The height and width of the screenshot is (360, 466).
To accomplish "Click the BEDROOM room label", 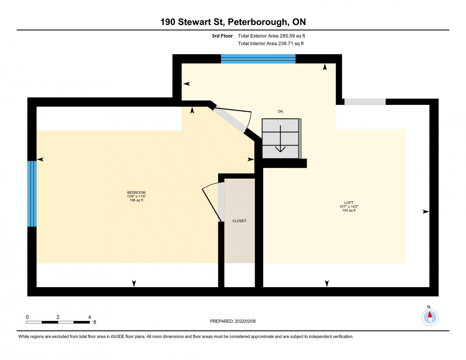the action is pyautogui.click(x=136, y=192).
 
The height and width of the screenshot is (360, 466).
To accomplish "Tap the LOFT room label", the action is pyautogui.click(x=349, y=203).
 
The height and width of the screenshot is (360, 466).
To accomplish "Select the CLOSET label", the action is pyautogui.click(x=239, y=221).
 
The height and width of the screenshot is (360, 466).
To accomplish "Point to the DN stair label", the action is pyautogui.click(x=280, y=111).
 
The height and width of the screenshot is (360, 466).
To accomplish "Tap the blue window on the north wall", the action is pyautogui.click(x=258, y=59).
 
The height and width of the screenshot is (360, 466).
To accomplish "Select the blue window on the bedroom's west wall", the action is pyautogui.click(x=32, y=194).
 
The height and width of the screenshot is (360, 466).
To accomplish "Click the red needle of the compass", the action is pyautogui.click(x=430, y=314).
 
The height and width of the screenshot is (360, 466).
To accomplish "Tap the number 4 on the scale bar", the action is pyautogui.click(x=89, y=317).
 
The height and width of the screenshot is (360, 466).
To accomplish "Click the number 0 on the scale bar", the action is pyautogui.click(x=27, y=317).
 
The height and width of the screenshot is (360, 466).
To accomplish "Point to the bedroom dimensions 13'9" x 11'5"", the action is pyautogui.click(x=136, y=196).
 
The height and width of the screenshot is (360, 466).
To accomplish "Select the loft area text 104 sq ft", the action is pyautogui.click(x=349, y=210).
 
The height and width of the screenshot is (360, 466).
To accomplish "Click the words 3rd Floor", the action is pyautogui.click(x=222, y=36).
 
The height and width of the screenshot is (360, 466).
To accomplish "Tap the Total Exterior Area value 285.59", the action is pyautogui.click(x=287, y=36).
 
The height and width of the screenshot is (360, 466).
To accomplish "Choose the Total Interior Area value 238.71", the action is pyautogui.click(x=286, y=44).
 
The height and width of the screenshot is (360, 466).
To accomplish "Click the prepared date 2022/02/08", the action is pyautogui.click(x=245, y=321).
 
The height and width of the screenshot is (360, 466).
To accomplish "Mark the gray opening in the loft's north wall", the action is pyautogui.click(x=365, y=102).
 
